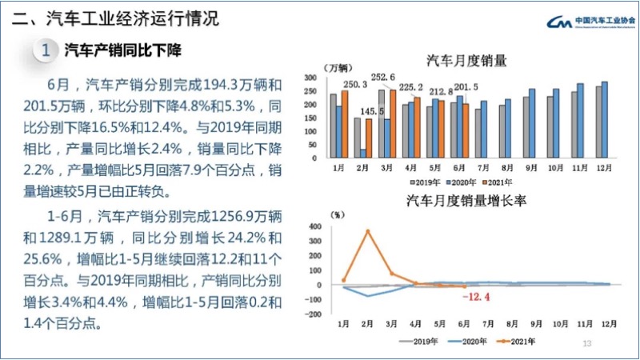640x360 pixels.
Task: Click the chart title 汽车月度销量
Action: click(467, 60)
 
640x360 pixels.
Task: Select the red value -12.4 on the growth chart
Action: click(478, 298)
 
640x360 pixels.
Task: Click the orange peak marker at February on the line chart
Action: click(368, 231)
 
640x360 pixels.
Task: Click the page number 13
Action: click(586, 343)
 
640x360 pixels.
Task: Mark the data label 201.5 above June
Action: click(466, 87)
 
